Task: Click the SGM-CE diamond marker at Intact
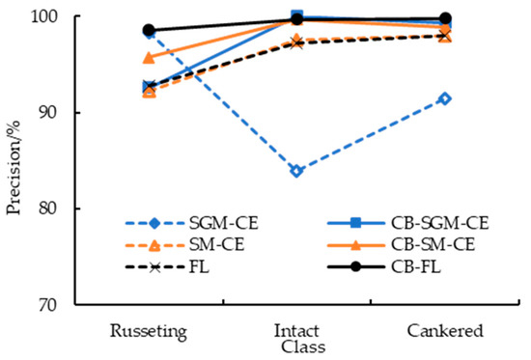(296, 171)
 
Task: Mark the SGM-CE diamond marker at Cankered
(445, 98)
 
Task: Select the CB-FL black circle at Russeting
(149, 30)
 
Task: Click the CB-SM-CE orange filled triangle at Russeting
(149, 58)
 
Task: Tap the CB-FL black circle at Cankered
(445, 18)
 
